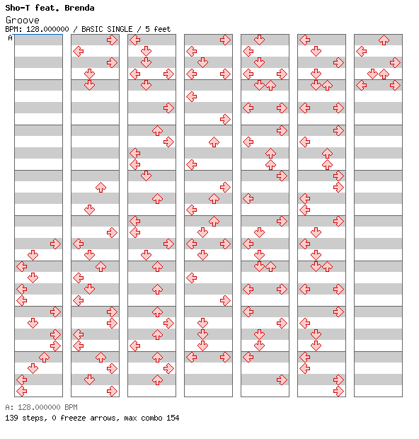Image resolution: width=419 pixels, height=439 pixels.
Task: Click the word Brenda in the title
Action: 79,8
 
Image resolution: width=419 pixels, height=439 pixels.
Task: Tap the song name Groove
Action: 23,20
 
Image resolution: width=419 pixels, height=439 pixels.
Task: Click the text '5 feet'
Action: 158,29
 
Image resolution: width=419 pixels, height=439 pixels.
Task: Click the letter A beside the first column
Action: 10,38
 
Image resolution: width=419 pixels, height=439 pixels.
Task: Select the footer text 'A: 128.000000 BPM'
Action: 42,407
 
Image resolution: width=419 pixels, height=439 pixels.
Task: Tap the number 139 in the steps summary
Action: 11,418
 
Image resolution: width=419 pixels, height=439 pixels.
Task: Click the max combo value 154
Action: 173,418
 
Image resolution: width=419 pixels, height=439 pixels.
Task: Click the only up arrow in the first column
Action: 44,358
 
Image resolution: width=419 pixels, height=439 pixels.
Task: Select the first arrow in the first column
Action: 55,244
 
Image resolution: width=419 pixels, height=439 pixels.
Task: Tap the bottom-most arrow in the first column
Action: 21,391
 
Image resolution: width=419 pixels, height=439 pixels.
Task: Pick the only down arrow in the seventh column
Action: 372,74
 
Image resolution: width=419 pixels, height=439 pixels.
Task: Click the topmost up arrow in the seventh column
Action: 384,40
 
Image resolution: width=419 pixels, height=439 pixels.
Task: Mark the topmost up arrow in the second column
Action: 101,188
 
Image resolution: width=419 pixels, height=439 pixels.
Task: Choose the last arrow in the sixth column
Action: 339,391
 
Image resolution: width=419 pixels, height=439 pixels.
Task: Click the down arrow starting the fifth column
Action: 260,40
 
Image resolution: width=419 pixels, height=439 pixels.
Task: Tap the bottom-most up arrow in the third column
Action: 157,380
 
